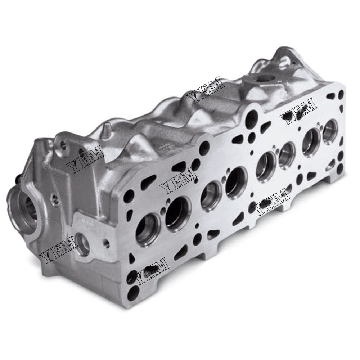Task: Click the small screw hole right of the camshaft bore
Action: coord(54,197)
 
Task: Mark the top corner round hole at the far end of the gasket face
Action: coord(340,96)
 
